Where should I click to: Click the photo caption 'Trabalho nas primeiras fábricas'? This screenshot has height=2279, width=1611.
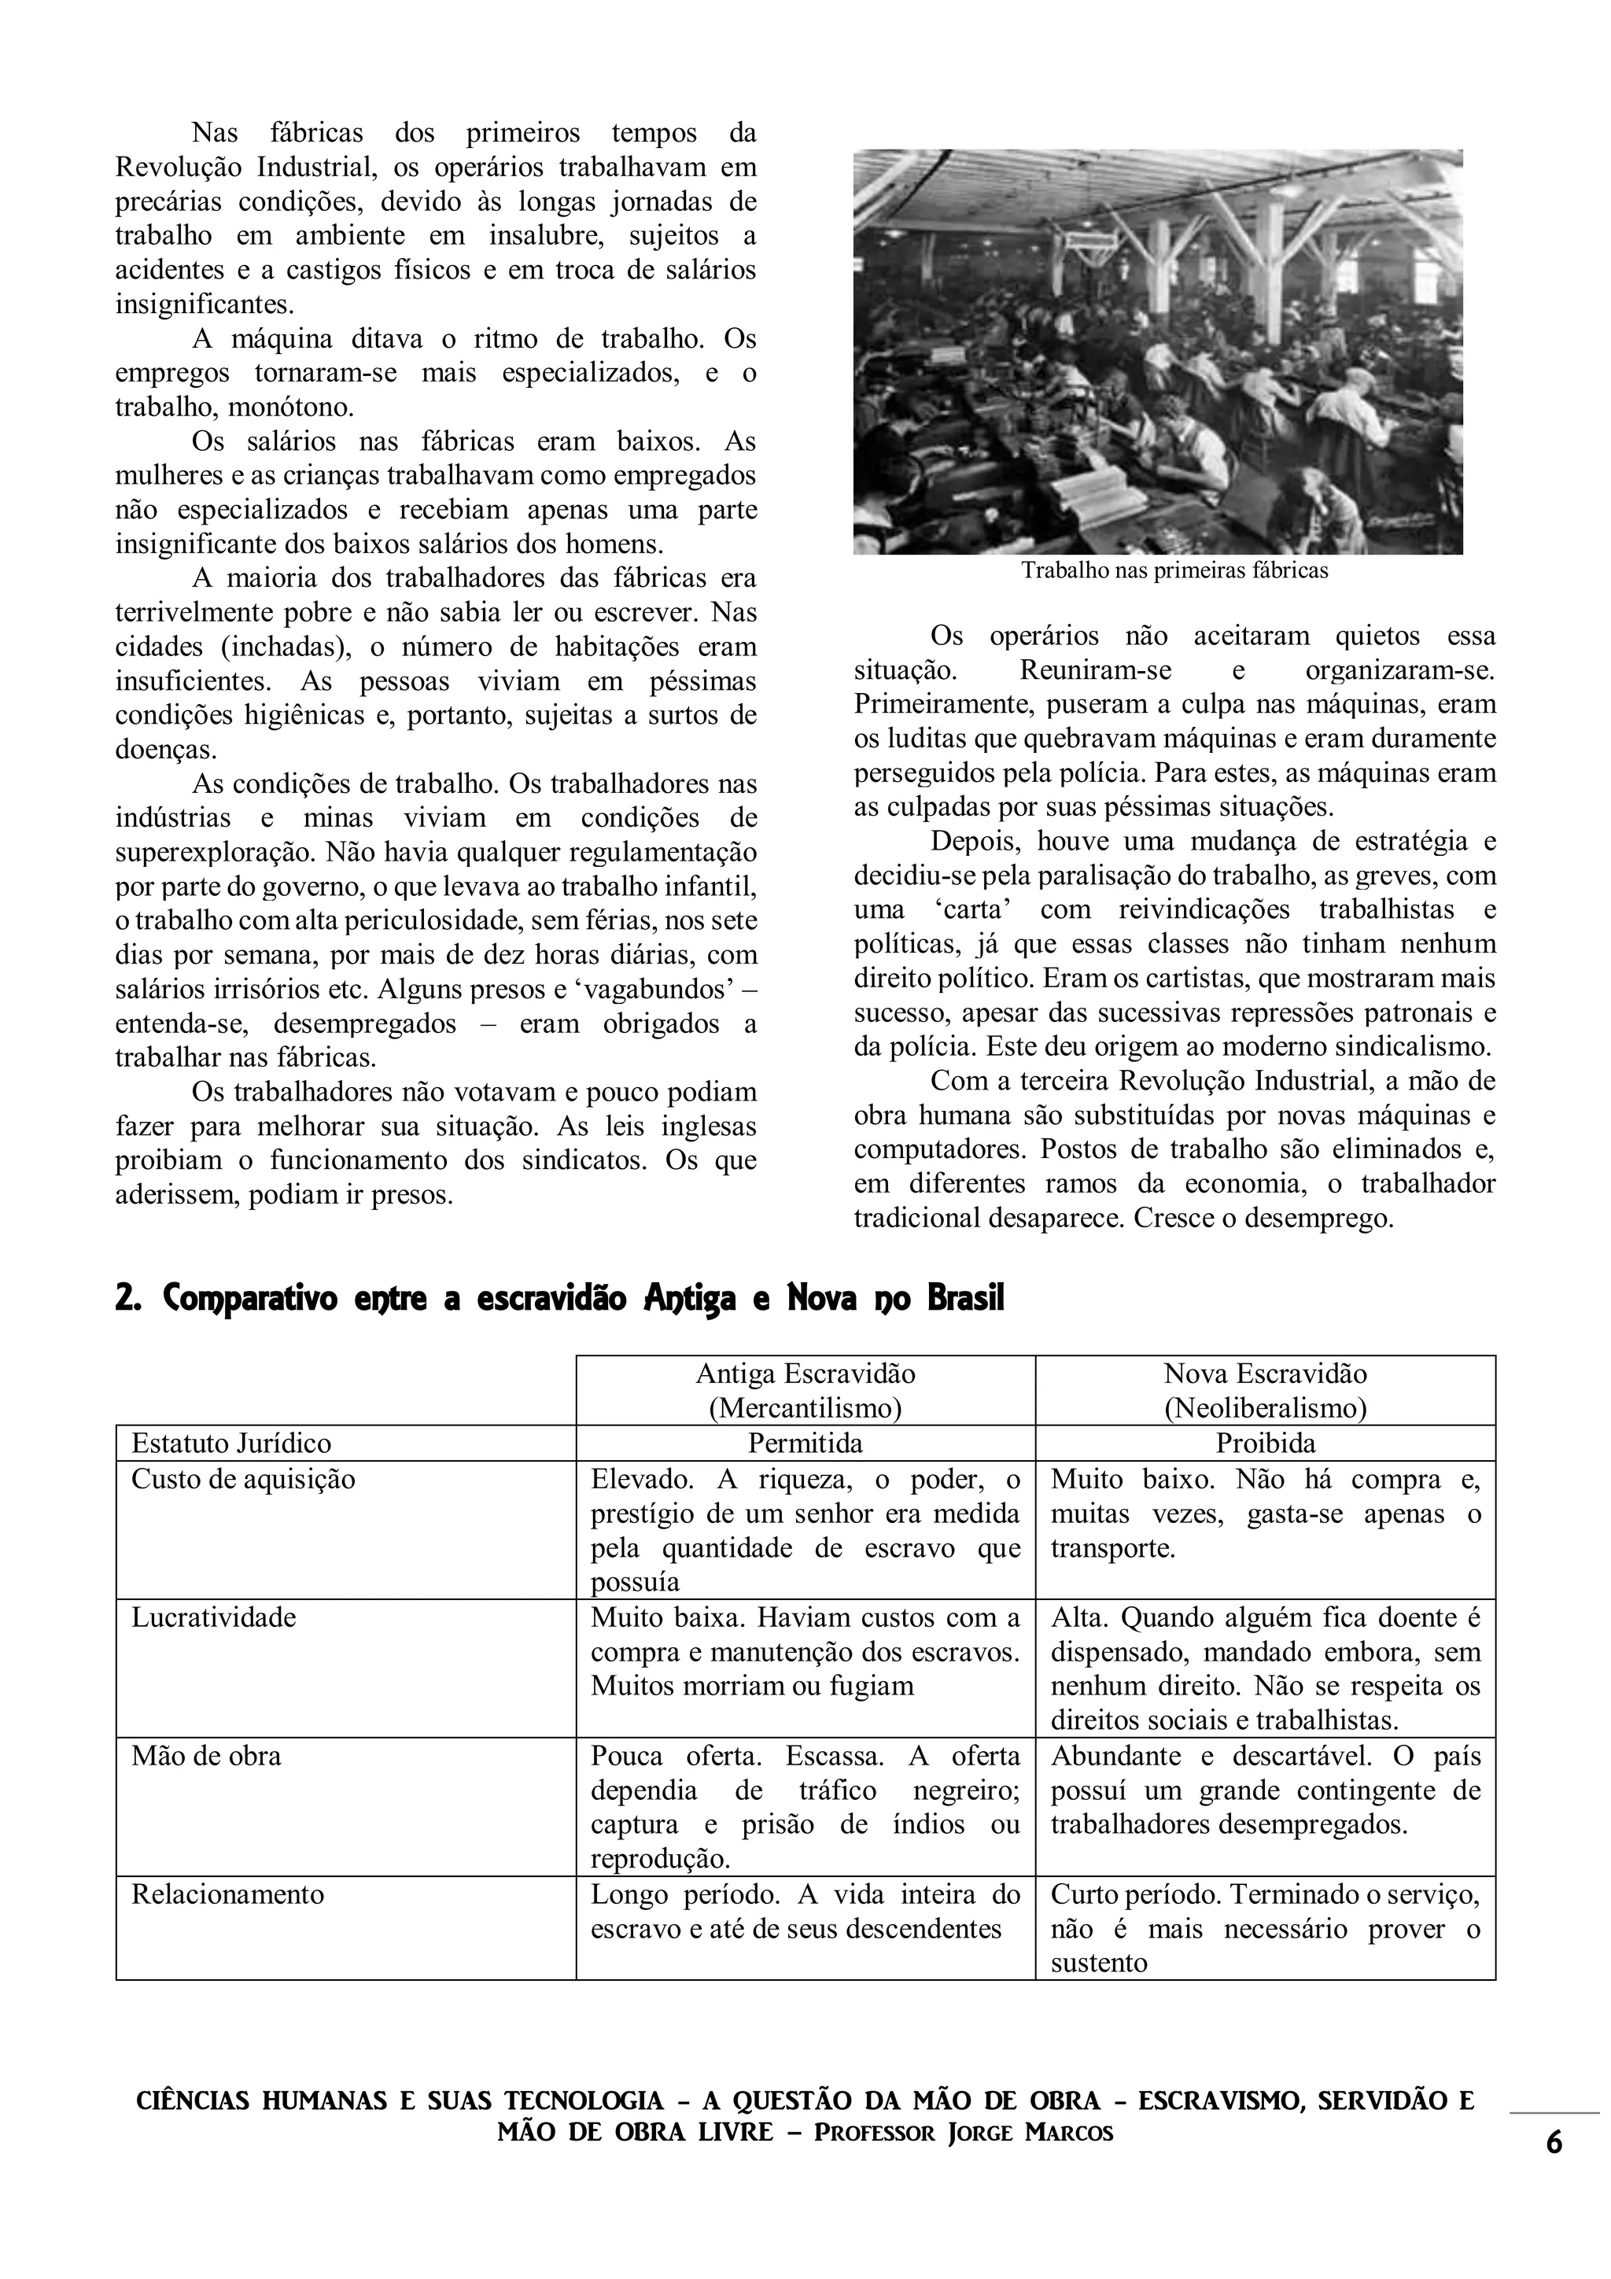pyautogui.click(x=1174, y=571)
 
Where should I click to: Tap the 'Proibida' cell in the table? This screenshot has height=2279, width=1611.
pyautogui.click(x=1266, y=1442)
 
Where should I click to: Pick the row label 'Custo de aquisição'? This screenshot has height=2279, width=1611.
pyautogui.click(x=243, y=1479)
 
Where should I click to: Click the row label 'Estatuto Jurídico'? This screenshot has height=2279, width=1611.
pyautogui.click(x=231, y=1442)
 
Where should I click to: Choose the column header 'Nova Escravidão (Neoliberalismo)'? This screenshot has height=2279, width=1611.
pyautogui.click(x=1266, y=1391)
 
